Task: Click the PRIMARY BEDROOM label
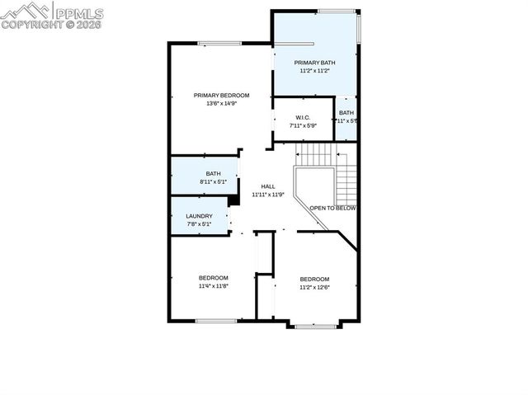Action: [221, 96]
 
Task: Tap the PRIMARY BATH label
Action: [315, 63]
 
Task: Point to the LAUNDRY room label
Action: [199, 216]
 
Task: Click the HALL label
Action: [267, 186]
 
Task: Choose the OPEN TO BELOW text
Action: [332, 208]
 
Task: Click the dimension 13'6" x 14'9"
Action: [221, 104]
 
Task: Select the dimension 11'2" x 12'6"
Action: [314, 287]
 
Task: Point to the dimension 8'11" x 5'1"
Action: [214, 181]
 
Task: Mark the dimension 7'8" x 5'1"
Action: [199, 224]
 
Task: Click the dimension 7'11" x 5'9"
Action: [304, 127]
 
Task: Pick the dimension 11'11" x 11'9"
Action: [267, 195]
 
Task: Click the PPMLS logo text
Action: [79, 12]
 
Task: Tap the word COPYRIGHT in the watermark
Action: [28, 25]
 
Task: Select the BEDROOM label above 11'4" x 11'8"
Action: [214, 278]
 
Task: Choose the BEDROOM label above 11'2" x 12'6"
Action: [314, 279]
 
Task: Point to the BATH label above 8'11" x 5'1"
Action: [214, 173]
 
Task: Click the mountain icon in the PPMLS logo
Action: [25, 11]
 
